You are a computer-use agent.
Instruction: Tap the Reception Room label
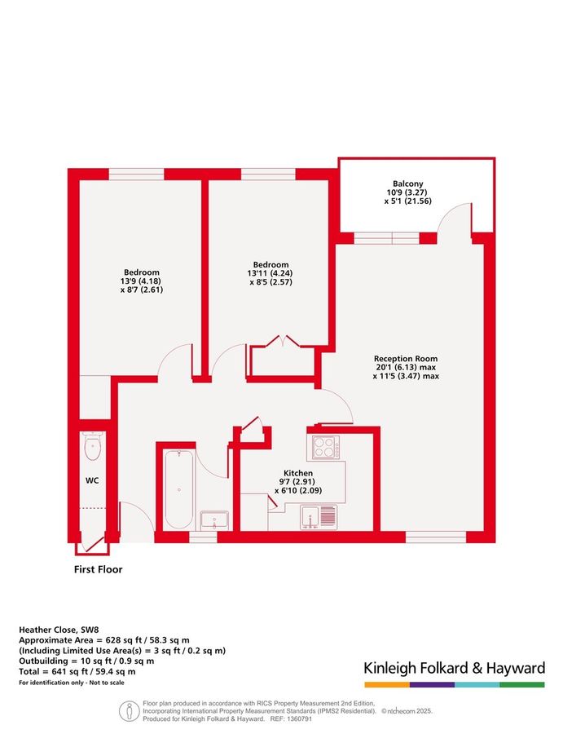pyautogui.click(x=406, y=358)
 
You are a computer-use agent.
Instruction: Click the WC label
pyautogui.click(x=93, y=480)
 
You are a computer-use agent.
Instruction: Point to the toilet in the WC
pyautogui.click(x=93, y=446)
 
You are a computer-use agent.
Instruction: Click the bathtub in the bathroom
pyautogui.click(x=176, y=489)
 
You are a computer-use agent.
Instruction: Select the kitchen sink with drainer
pyautogui.click(x=319, y=516)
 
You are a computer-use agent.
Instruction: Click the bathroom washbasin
pyautogui.click(x=213, y=520)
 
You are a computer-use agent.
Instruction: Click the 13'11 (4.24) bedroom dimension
pyautogui.click(x=270, y=274)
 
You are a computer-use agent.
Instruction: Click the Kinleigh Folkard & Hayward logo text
pyautogui.click(x=454, y=669)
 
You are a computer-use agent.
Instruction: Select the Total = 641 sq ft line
pyautogui.click(x=77, y=671)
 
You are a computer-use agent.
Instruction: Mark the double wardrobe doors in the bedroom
pyautogui.click(x=279, y=342)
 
